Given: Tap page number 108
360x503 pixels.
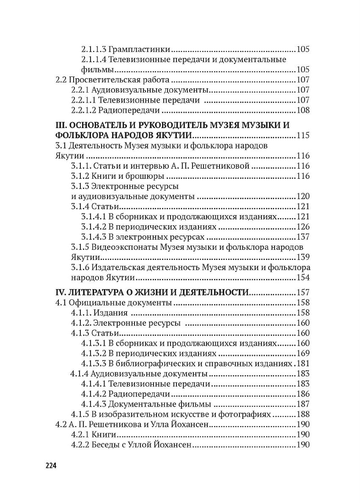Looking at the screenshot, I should (x=303, y=111).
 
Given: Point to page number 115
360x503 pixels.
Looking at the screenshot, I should (x=303, y=136).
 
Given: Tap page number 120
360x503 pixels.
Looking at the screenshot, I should (x=303, y=197).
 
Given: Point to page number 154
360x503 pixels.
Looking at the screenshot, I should (x=303, y=278).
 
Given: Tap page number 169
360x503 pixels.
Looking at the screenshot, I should (x=303, y=353).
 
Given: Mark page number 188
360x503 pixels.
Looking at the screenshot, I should (x=303, y=415).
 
